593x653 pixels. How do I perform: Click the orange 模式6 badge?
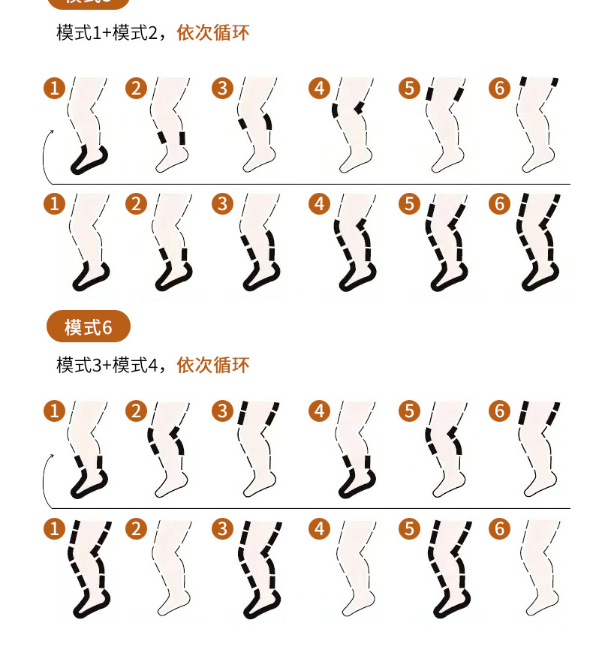pyautogui.click(x=88, y=327)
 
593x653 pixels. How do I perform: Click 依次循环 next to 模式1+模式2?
pyautogui.click(x=213, y=33)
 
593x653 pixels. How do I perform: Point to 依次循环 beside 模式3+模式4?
pyautogui.click(x=213, y=366)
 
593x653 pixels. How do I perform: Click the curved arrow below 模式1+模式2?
pyautogui.click(x=47, y=158)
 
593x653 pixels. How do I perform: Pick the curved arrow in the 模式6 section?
pyautogui.click(x=47, y=480)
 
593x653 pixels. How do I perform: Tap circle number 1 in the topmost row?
pyautogui.click(x=54, y=88)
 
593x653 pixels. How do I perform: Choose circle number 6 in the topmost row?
pyautogui.click(x=499, y=88)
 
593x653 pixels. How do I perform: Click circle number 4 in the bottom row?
pyautogui.click(x=320, y=528)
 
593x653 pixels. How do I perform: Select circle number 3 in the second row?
pyautogui.click(x=222, y=203)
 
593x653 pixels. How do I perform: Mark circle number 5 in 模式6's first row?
pyautogui.click(x=408, y=411)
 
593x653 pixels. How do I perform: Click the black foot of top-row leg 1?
pyautogui.click(x=89, y=160)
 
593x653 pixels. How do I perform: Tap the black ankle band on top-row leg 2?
pyautogui.click(x=173, y=139)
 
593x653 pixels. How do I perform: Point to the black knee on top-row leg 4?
pyautogui.click(x=347, y=110)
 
